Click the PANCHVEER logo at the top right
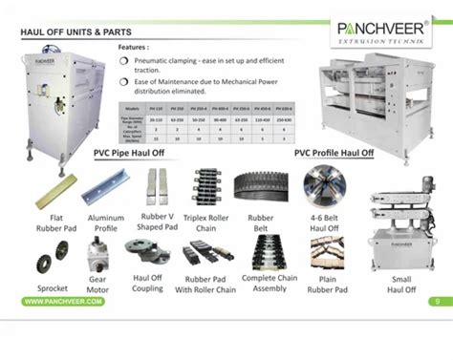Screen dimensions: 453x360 (x=382, y=32)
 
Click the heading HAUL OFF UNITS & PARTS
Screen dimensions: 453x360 (x=77, y=31)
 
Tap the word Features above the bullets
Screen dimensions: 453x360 (x=135, y=46)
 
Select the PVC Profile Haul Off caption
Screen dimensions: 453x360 (x=334, y=152)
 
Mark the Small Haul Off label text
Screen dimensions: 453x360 (x=401, y=285)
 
